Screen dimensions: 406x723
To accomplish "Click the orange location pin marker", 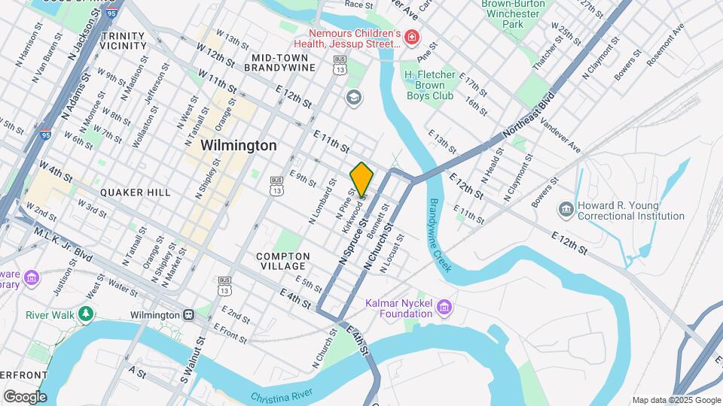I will coord(361,179).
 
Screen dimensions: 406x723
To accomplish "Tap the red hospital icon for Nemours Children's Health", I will coord(411,37).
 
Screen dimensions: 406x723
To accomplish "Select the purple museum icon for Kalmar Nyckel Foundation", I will coord(444,307).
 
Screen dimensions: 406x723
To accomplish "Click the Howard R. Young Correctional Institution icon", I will coord(566,208).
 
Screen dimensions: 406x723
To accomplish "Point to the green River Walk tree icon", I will coord(87,314).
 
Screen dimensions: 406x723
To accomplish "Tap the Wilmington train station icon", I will coord(192,314).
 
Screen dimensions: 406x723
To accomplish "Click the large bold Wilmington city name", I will coord(239,145).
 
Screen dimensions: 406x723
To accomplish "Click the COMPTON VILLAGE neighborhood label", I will coord(281,261).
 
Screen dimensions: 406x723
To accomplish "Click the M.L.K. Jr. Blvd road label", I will coord(63,244).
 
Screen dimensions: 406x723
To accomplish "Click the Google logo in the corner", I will coord(25,396).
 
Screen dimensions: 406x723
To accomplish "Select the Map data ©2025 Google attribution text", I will coord(676,400).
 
